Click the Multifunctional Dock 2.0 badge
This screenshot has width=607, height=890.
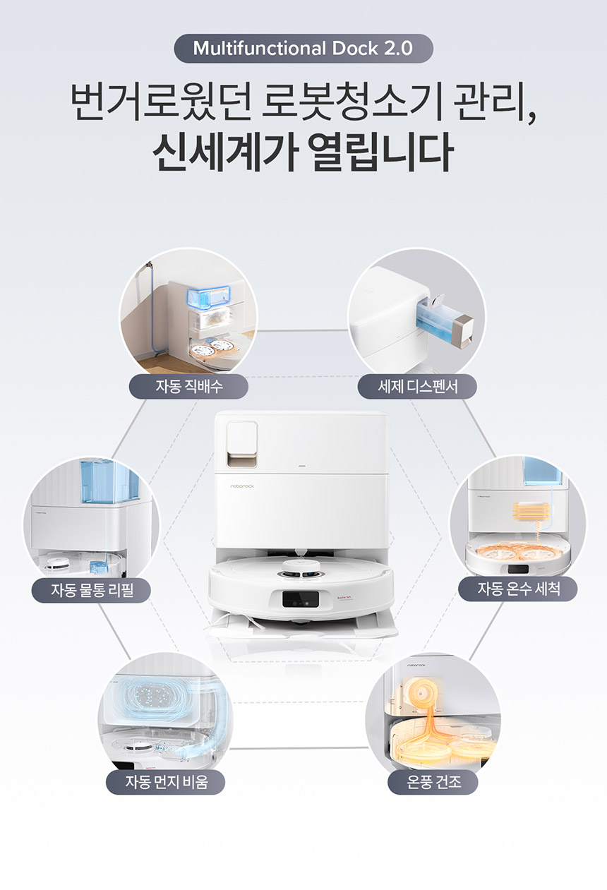coord(303,49)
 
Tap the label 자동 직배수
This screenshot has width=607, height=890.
coord(188,386)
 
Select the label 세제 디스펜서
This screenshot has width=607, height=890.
coord(417,386)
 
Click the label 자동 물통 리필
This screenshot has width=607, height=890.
coord(91,590)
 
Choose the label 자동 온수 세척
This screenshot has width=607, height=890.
coord(518,589)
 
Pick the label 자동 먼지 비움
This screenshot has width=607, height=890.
coord(166,782)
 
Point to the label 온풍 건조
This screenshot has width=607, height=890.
coord(433,782)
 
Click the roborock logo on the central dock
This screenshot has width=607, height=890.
coord(242,486)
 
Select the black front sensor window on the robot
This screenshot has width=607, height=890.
coord(301,599)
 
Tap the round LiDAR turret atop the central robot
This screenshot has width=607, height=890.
coord(301,567)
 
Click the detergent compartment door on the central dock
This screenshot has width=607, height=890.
coord(242,444)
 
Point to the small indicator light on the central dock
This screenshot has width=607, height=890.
coord(302,465)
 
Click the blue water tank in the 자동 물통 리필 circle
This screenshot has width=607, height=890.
coord(109,481)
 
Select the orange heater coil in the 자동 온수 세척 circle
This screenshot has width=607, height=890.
coord(531,512)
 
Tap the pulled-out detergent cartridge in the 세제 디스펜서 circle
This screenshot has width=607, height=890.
coord(444,323)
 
